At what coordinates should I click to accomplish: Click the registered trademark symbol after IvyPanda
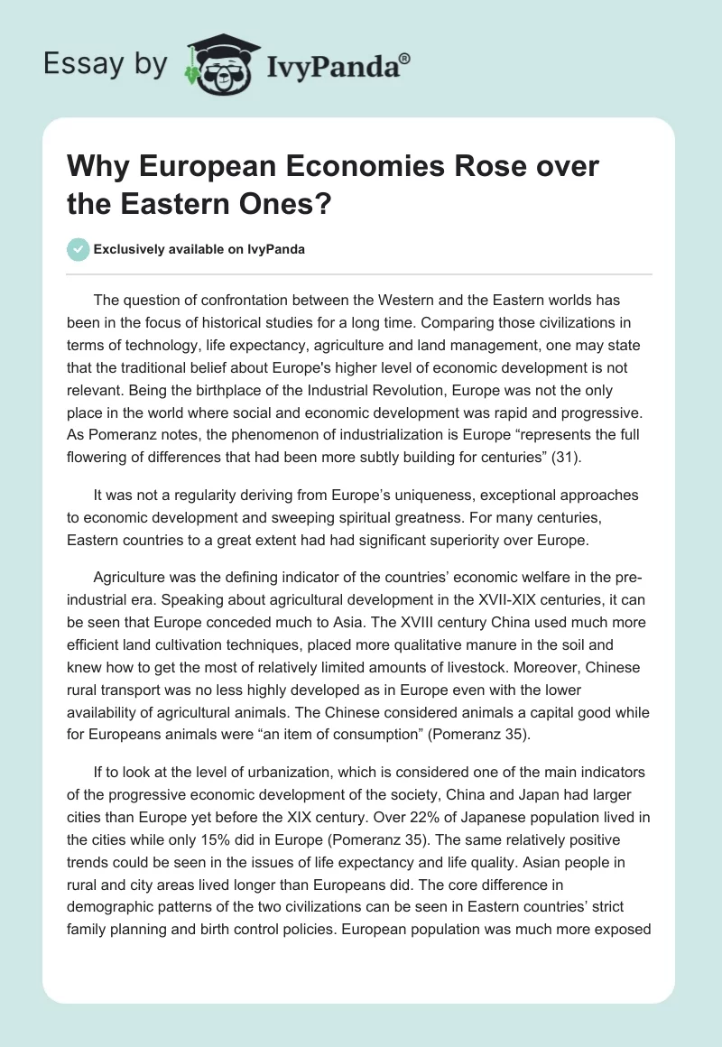pyautogui.click(x=405, y=59)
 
